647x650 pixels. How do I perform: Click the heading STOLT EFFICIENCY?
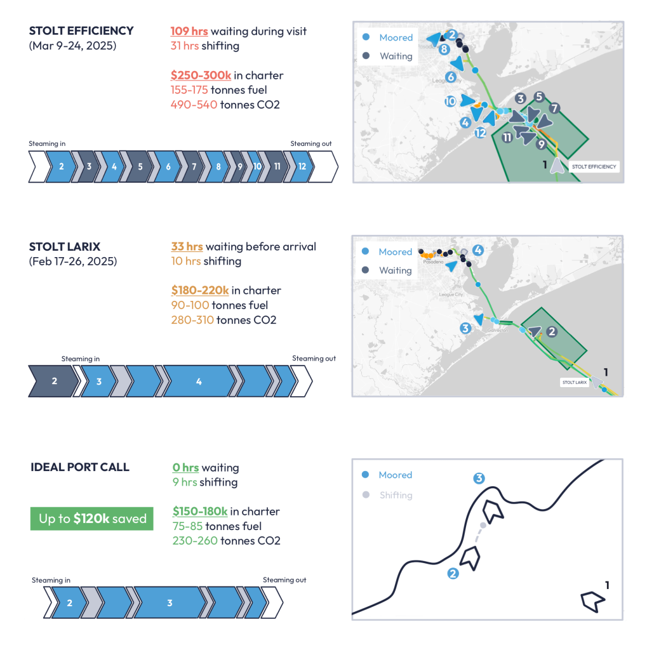[81, 30]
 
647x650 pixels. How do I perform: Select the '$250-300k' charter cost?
[200, 76]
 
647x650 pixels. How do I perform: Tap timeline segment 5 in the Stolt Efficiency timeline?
[140, 167]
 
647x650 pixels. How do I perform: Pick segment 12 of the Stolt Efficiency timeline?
[302, 167]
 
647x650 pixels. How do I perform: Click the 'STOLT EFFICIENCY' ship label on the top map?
[594, 167]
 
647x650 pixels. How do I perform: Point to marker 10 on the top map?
[450, 101]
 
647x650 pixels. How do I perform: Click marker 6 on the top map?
[451, 77]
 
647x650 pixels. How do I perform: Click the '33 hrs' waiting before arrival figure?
[187, 247]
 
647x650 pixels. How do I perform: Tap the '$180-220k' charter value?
[200, 290]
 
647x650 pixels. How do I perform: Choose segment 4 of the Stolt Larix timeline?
[199, 381]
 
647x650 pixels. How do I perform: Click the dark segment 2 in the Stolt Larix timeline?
[55, 381]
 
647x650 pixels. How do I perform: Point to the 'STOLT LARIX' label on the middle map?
[574, 383]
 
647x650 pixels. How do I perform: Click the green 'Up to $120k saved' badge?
[92, 519]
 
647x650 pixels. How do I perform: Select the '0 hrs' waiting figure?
[185, 468]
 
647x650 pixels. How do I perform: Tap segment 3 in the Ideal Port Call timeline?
[170, 602]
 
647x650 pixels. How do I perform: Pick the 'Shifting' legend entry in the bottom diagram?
[396, 495]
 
